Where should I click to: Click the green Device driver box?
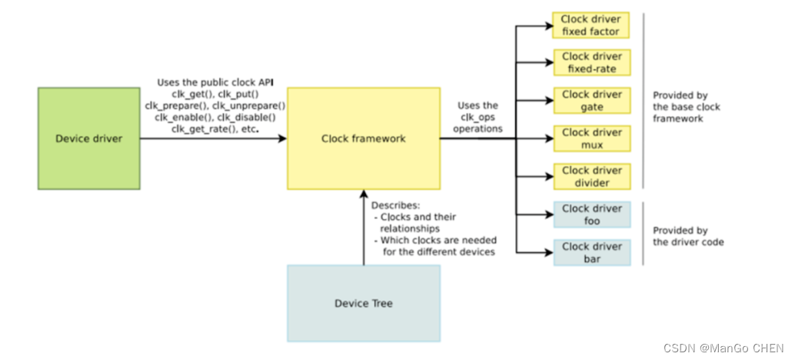point(88,138)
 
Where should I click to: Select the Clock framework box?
point(364,138)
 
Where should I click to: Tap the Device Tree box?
point(364,303)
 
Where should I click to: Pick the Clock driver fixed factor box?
point(591,25)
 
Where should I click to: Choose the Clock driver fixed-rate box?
point(592,62)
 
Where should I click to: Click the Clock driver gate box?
point(592,101)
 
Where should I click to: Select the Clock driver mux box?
point(592,138)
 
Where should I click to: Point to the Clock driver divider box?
point(592,176)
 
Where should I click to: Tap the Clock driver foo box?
point(592,215)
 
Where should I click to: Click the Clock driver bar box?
point(592,252)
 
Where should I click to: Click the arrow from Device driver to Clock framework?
point(214,138)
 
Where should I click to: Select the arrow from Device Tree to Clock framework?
point(364,227)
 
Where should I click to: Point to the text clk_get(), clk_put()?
point(215,95)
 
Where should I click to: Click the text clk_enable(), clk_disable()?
point(215,117)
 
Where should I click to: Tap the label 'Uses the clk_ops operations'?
point(477,117)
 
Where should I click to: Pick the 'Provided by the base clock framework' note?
point(686,106)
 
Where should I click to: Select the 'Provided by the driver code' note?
point(688,236)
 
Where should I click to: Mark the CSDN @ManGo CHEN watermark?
point(723,348)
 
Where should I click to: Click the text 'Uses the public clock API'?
point(215,82)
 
